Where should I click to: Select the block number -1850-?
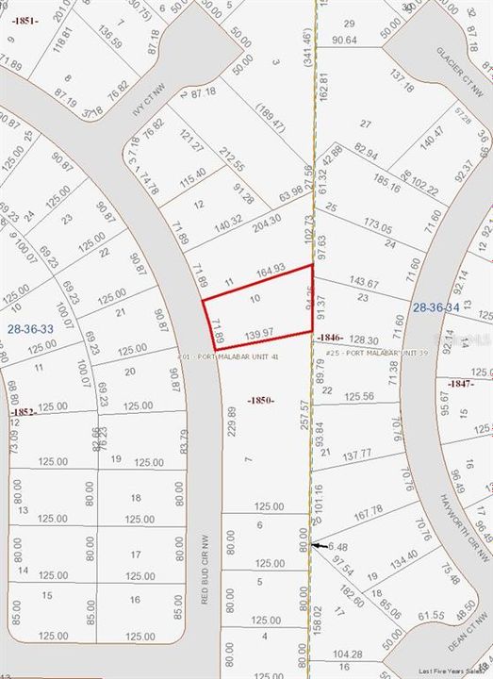261,400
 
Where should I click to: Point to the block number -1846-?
329,337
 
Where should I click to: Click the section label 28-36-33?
30,329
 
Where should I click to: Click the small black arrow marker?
321,546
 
